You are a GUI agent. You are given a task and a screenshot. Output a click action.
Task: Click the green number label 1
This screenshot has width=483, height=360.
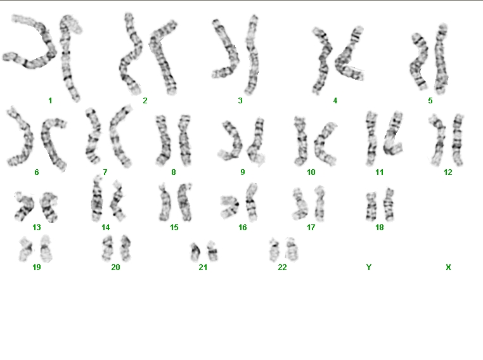click(x=50, y=100)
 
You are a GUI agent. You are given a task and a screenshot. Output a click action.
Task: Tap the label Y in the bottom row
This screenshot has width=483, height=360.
click(x=369, y=267)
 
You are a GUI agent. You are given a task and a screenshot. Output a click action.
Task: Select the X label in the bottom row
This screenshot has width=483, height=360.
click(x=448, y=267)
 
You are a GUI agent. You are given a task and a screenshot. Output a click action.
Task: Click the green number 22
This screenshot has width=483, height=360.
click(x=282, y=267)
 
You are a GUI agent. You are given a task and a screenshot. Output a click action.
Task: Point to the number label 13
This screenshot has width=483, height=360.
click(x=36, y=228)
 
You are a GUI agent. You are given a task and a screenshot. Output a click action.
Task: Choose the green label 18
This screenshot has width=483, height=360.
click(x=380, y=228)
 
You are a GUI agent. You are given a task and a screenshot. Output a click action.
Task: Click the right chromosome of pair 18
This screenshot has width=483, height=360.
click(x=389, y=205)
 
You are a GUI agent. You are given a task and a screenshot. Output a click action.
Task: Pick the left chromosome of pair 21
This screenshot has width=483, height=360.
click(x=195, y=252)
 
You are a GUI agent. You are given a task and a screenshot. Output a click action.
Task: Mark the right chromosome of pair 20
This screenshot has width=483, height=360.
click(x=126, y=248)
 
